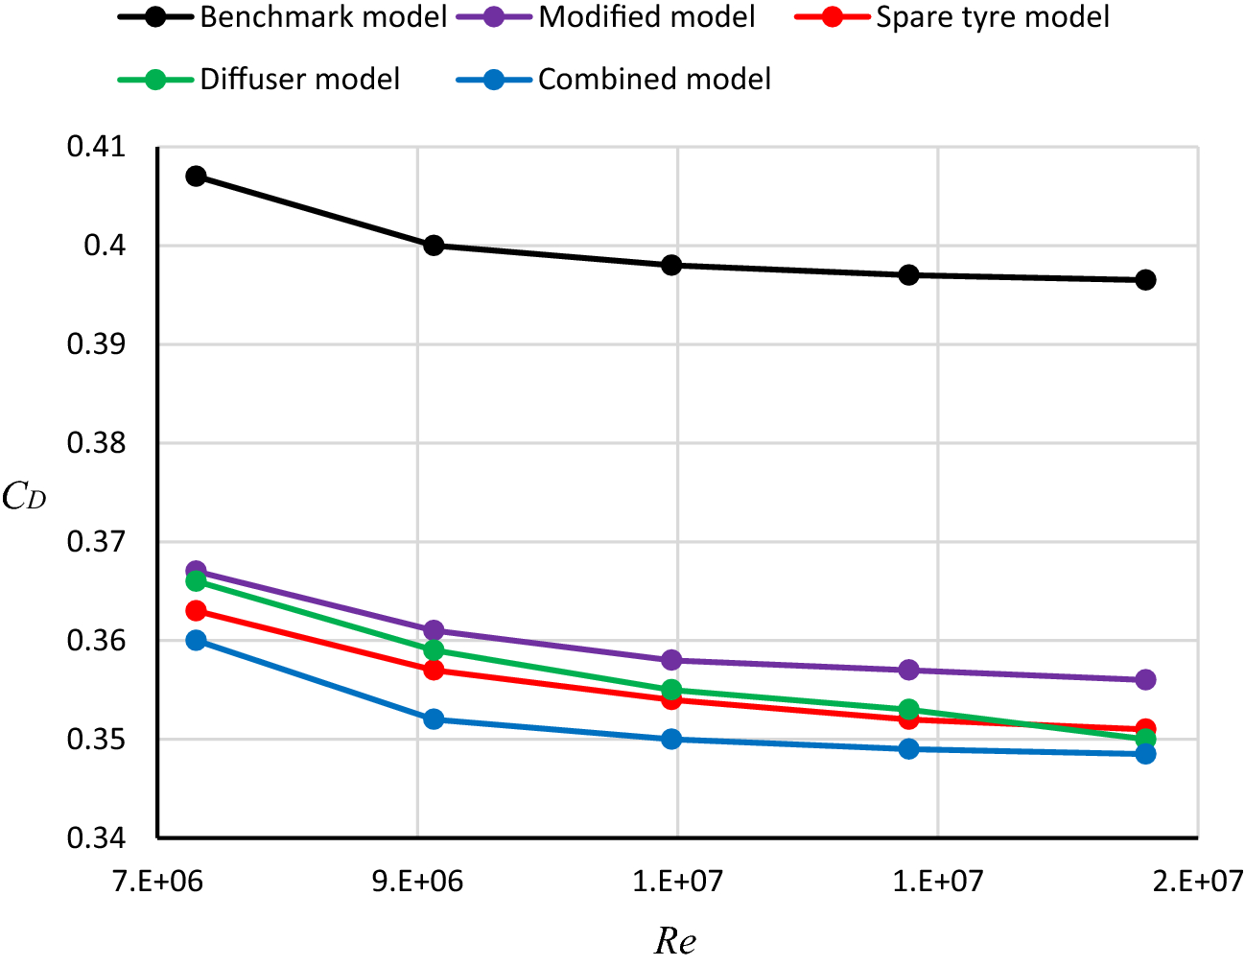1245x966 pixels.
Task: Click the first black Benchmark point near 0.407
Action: coord(196,177)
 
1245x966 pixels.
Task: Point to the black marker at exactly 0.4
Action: coord(434,246)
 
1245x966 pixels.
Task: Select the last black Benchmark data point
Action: coord(1145,280)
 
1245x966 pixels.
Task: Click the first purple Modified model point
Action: coord(196,571)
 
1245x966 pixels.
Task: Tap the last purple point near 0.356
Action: coord(1145,680)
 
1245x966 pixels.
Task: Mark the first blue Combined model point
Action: coord(196,640)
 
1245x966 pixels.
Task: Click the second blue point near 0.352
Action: coord(434,719)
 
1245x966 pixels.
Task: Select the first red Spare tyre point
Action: coord(196,611)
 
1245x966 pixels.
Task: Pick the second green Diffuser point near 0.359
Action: coord(434,650)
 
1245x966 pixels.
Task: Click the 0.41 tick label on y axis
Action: coord(96,148)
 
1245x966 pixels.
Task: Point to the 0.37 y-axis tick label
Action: coord(96,542)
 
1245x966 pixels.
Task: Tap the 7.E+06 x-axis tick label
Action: coord(158,881)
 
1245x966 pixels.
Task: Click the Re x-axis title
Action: coord(675,941)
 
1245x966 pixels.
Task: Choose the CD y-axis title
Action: coord(24,497)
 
